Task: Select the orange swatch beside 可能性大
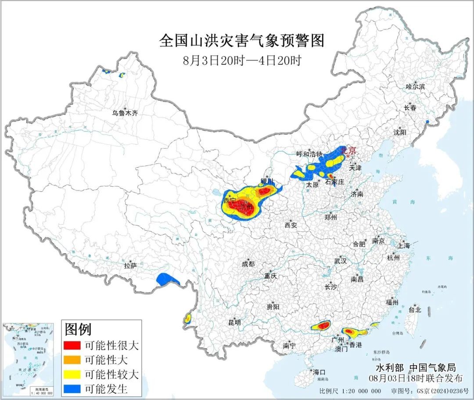click(x=72, y=360)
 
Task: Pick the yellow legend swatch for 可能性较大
click(x=72, y=375)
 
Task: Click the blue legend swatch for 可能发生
click(x=72, y=389)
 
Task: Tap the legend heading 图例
click(x=78, y=329)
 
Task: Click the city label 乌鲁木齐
click(x=125, y=113)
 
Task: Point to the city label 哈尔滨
click(x=415, y=87)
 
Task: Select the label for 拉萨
click(x=130, y=265)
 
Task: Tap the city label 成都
click(x=248, y=264)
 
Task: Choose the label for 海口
click(x=320, y=372)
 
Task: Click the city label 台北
click(x=414, y=309)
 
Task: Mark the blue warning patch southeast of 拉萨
click(x=168, y=280)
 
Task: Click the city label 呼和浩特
click(x=309, y=154)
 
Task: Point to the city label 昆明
click(x=234, y=322)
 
